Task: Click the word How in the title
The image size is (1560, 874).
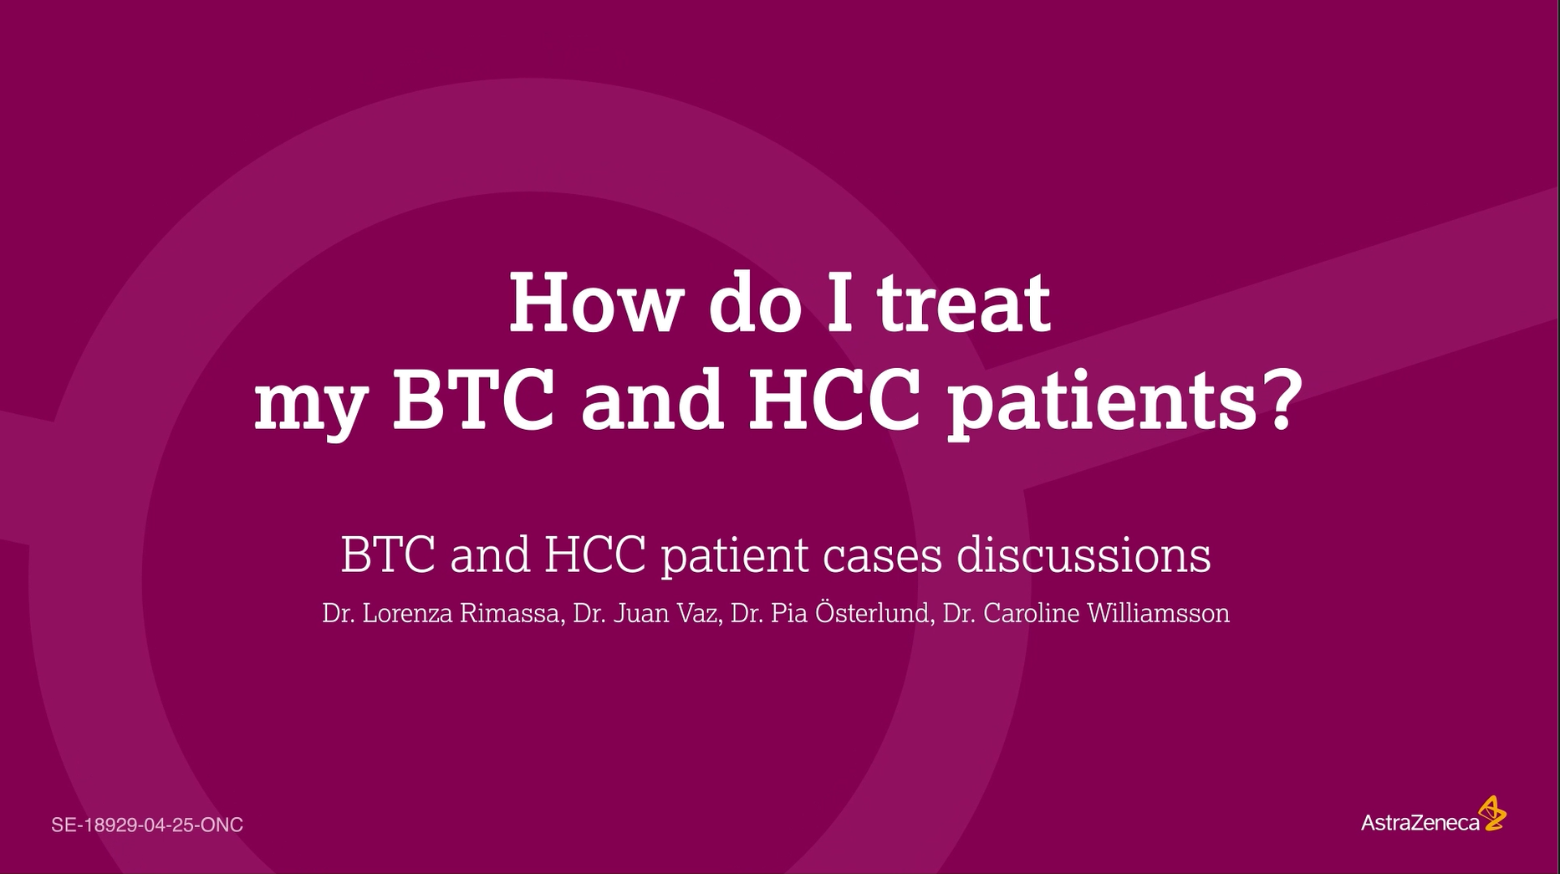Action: (594, 302)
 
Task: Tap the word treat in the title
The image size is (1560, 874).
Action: (964, 302)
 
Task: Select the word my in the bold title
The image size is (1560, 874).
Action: (310, 407)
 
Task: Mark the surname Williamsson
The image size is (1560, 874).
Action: (1158, 613)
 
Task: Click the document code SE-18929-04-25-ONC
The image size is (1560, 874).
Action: (147, 825)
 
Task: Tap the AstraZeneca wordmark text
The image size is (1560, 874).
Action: (1420, 822)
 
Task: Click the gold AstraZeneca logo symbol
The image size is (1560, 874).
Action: (1491, 813)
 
